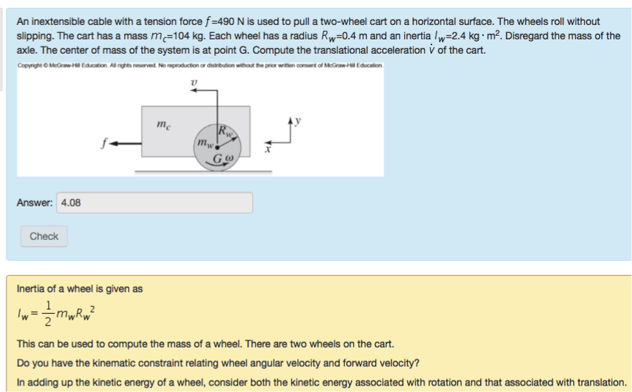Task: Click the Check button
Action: (44, 236)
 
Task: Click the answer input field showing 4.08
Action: (154, 203)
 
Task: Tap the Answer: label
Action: (34, 203)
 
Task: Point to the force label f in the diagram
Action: (105, 143)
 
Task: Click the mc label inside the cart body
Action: (163, 126)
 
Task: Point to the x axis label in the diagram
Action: (268, 150)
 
